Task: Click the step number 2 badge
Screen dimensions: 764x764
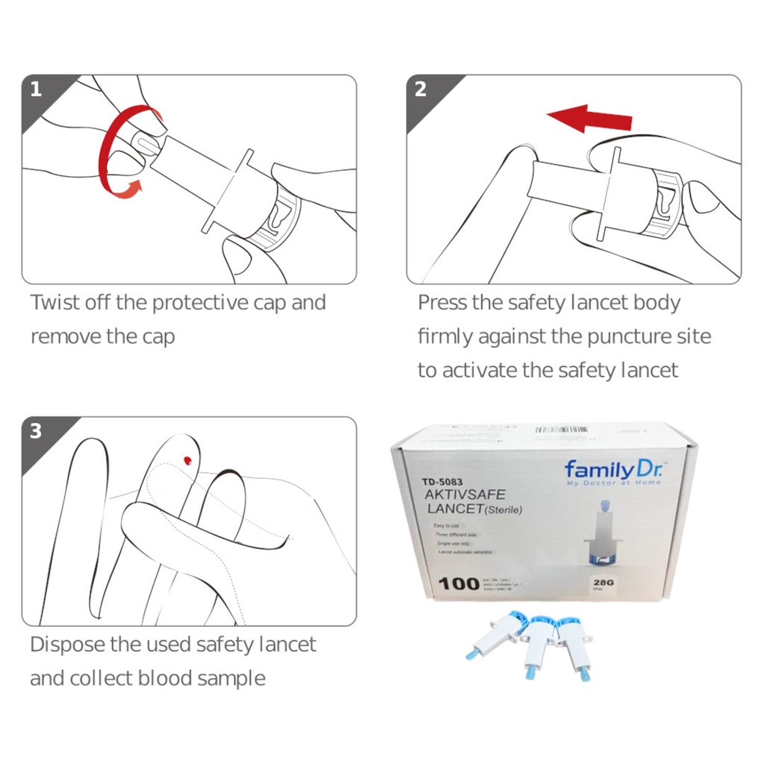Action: (x=421, y=90)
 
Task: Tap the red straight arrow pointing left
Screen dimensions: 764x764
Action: (x=589, y=118)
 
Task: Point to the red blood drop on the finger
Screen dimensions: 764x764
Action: (x=187, y=460)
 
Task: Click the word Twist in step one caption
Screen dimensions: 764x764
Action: (x=54, y=303)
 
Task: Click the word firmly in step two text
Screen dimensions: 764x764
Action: (x=445, y=336)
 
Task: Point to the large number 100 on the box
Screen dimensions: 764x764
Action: (x=457, y=583)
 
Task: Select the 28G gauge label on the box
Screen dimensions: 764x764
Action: (x=601, y=583)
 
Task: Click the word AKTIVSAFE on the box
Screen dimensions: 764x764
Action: (x=464, y=495)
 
